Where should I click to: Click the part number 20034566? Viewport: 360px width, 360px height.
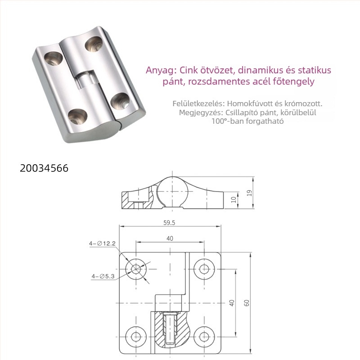tap(44, 168)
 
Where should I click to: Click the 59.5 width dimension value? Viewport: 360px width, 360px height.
tap(169, 222)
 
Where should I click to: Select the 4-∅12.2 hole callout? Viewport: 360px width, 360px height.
tap(102, 243)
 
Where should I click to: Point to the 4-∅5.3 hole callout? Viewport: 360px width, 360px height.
tap(103, 276)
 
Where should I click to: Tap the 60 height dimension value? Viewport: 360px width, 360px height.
tap(247, 303)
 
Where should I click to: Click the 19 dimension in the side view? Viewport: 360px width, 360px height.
tap(250, 193)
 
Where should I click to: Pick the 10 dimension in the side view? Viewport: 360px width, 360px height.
tap(234, 199)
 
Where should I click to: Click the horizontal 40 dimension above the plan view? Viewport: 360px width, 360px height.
tap(170, 238)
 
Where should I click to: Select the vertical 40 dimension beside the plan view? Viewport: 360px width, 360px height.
tap(232, 303)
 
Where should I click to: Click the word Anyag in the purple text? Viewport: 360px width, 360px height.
tap(161, 71)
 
